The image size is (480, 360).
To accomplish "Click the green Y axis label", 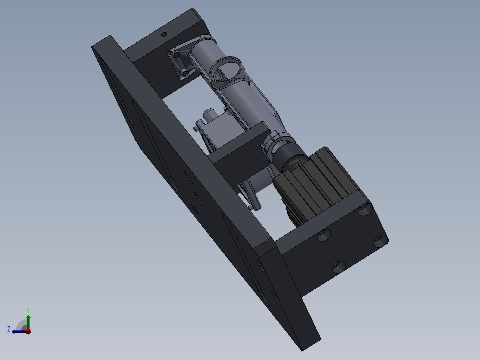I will coord(28,309).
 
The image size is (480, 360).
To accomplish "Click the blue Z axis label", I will coord(9,329).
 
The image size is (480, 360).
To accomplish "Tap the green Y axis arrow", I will coord(28,320).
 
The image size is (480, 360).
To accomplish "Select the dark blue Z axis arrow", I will coord(18,331).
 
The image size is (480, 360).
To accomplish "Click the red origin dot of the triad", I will coord(28,331).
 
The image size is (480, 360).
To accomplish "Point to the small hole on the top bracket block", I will coord(163,34).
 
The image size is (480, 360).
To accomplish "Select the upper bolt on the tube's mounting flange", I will coord(177,55).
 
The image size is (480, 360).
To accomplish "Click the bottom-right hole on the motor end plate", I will coord(380,241).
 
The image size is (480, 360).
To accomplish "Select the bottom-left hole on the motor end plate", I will coord(339,267).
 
